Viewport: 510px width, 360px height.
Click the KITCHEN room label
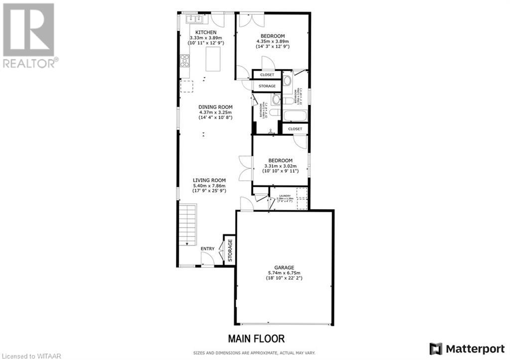[x=206, y=32]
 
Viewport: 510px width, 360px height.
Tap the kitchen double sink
[x=194, y=19]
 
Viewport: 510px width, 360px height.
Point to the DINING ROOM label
[x=215, y=107]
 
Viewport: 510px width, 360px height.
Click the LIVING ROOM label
[x=210, y=180]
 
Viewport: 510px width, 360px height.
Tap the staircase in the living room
[x=188, y=225]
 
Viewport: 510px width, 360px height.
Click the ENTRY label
[x=207, y=248]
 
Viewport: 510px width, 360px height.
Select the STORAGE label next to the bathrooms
[x=267, y=86]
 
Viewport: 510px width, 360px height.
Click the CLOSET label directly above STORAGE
[x=267, y=75]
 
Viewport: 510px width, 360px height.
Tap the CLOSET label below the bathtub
[x=295, y=129]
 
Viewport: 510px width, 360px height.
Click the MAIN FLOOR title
[x=256, y=339]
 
